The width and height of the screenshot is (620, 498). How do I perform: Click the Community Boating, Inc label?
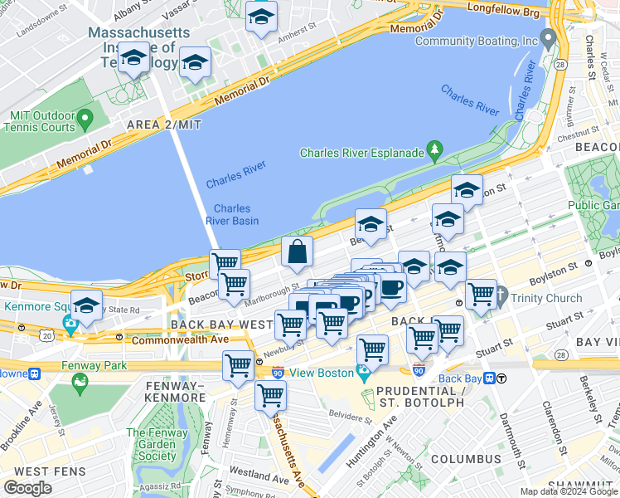[477, 41]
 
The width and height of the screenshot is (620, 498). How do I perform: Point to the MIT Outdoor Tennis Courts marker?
[84, 122]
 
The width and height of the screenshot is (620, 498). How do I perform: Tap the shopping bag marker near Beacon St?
[297, 251]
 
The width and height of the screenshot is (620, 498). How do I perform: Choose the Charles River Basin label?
[232, 214]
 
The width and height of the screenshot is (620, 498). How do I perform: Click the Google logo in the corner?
[27, 487]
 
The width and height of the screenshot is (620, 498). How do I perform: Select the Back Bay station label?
[460, 378]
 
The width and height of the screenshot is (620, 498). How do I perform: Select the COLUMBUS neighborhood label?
[465, 458]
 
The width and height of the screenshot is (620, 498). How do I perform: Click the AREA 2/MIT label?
[164, 124]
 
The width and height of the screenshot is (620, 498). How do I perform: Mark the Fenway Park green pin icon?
[80, 382]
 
